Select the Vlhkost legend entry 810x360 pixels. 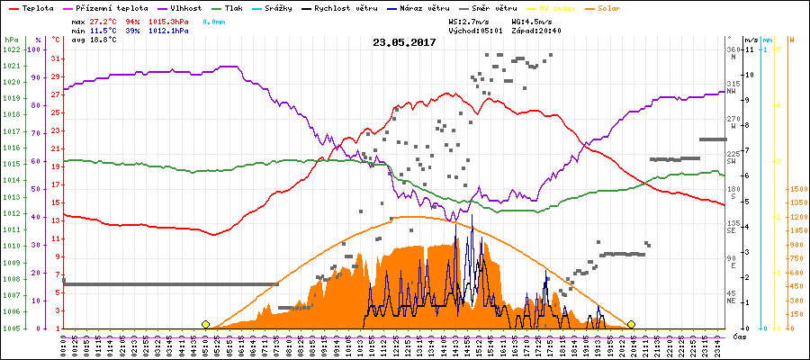coord(179,7)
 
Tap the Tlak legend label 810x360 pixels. coord(233,7)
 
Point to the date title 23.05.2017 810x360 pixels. coord(404,42)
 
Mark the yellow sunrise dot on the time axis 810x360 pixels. coord(206,324)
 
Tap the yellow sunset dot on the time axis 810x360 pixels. coord(632,324)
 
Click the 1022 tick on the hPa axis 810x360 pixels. coord(11,49)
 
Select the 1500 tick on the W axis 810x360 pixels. coord(796,190)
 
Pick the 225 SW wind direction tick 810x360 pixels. coord(733,156)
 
